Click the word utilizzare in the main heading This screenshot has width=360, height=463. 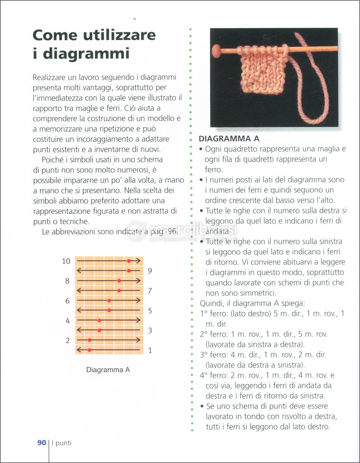tap(114, 35)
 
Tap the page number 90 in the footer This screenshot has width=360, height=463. tap(42, 443)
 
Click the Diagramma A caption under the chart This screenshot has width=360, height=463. tap(108, 370)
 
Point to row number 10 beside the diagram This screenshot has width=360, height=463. tap(66, 261)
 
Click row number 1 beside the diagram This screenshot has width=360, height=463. tap(150, 350)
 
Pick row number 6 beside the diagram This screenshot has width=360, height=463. tap(67, 301)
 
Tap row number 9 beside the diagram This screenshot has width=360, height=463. tap(150, 271)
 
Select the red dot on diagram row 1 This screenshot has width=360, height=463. tap(89, 350)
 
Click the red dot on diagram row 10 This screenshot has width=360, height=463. tap(129, 261)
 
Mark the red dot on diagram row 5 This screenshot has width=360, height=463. tap(109, 310)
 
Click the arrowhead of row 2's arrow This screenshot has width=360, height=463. tap(139, 340)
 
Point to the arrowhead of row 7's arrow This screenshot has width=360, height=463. tap(79, 291)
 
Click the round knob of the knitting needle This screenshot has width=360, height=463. tap(216, 49)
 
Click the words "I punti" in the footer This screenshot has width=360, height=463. tap(61, 443)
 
